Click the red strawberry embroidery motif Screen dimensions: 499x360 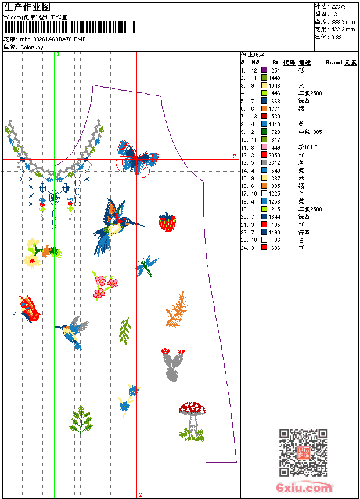coord(167,222)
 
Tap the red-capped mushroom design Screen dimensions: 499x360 coord(192,415)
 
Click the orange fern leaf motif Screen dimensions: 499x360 coord(176,310)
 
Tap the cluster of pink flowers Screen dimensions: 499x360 coord(105,285)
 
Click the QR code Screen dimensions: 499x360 coord(303,452)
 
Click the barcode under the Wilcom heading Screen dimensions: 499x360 coord(70,27)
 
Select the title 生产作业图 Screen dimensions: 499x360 coord(27,7)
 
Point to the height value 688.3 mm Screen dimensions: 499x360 coord(343,21)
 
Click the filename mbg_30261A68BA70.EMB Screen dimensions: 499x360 coord(53,39)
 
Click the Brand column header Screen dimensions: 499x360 coord(334,62)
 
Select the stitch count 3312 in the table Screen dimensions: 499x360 coord(274,163)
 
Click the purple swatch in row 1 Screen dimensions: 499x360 coord(264,70)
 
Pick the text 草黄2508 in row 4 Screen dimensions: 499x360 coord(310,93)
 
